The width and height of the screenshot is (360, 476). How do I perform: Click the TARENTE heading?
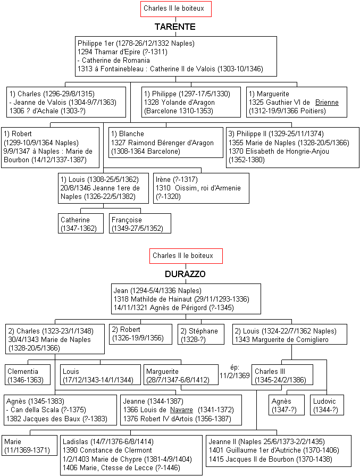pos(175,27)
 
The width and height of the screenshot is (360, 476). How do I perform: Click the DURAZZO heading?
pos(185,274)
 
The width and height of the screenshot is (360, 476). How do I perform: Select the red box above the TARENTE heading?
pos(176,9)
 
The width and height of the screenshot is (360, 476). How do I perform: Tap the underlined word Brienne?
pos(327,102)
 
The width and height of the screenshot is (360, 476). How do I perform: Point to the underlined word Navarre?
pos(181,410)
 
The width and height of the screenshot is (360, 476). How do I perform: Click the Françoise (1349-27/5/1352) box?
pos(140,223)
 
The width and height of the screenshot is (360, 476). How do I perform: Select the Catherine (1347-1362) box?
pos(81,223)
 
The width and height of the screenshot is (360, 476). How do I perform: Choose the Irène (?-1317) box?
pos(201,188)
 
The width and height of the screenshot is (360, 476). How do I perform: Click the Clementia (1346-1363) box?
pos(28,375)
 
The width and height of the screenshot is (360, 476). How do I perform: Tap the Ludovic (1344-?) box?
pos(327,405)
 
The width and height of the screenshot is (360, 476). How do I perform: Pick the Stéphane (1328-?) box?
pos(201,334)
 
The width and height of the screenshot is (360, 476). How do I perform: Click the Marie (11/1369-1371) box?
pos(29,445)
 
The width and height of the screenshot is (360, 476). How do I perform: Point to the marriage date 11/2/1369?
pos(235,375)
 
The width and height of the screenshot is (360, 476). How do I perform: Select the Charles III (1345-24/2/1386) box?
pos(282,375)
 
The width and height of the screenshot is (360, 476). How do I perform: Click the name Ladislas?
pos(76,441)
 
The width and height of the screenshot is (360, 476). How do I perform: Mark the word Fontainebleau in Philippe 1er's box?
pos(122,69)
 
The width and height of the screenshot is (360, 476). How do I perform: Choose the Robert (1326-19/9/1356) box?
pos(140,334)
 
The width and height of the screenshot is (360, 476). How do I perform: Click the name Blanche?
pos(131,134)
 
